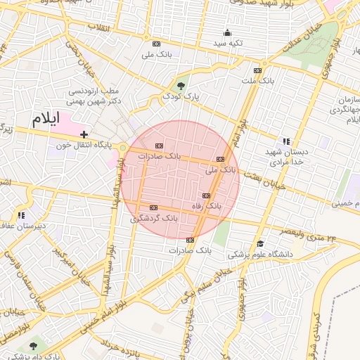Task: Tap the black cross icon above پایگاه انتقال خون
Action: pos(84,134)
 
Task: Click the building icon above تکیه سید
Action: pos(227,32)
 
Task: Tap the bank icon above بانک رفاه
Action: pos(206,195)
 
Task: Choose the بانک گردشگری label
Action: pos(154,219)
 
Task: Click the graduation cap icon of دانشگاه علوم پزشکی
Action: pos(260,243)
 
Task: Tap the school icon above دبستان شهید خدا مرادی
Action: pos(285,141)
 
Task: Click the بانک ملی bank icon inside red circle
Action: pos(221,159)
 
